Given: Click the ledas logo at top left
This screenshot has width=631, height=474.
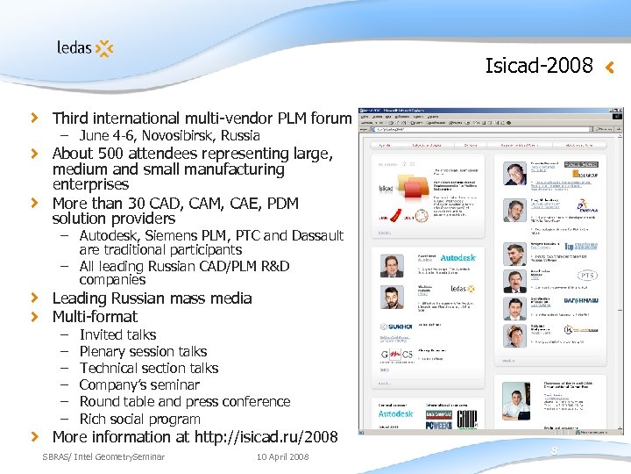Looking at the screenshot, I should [85, 47].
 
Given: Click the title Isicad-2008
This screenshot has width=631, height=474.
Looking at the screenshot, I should [539, 66].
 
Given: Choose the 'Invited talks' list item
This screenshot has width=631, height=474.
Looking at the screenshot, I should [117, 334].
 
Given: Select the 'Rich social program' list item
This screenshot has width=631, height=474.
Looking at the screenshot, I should [139, 419].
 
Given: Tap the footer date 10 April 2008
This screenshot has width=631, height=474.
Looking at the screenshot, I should [283, 456].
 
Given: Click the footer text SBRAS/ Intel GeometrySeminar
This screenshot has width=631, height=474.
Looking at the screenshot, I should [103, 456].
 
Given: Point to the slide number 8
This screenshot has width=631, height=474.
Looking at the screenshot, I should [554, 451].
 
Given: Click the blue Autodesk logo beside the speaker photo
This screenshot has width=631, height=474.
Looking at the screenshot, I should [457, 258].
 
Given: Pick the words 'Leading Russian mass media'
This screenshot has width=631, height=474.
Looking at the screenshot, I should [152, 298].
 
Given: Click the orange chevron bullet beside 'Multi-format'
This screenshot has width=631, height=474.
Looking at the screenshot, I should [35, 316].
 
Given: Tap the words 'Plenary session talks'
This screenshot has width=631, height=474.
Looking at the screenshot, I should [143, 351].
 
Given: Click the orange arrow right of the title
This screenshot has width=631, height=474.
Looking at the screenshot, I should [610, 66].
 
